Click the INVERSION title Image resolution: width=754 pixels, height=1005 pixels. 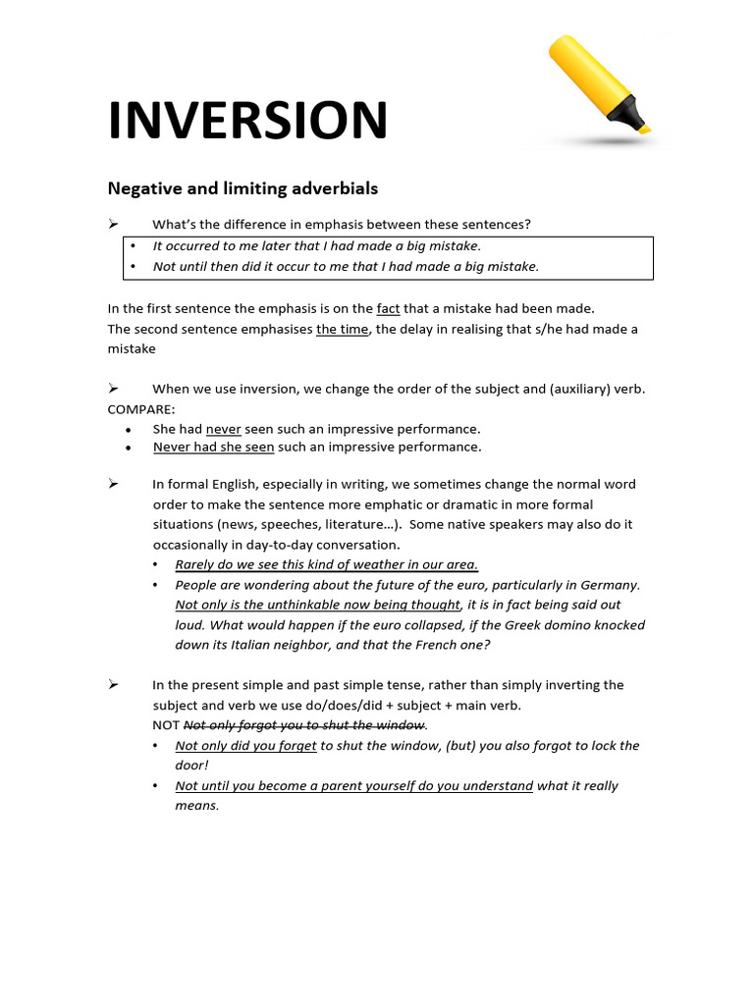click(x=247, y=121)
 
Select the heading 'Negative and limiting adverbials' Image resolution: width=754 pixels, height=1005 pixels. click(x=242, y=187)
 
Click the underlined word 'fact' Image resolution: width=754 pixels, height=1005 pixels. click(x=388, y=308)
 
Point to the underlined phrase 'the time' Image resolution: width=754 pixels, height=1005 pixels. click(x=342, y=329)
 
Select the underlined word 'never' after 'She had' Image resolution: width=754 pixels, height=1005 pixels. click(x=223, y=429)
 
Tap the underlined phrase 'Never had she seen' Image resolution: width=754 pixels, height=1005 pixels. click(x=213, y=447)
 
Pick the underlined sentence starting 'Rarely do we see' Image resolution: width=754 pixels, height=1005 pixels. click(x=326, y=564)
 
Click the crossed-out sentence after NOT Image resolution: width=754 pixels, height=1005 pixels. click(x=303, y=725)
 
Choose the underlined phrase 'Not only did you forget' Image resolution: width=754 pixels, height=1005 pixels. click(x=245, y=746)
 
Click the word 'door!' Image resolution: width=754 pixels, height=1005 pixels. click(x=192, y=766)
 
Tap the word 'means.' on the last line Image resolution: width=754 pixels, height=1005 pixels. click(x=196, y=806)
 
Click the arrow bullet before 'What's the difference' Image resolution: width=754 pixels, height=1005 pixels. click(x=113, y=224)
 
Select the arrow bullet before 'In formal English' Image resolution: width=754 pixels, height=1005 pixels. click(x=113, y=484)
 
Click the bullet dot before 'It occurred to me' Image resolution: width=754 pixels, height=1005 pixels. click(x=134, y=246)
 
